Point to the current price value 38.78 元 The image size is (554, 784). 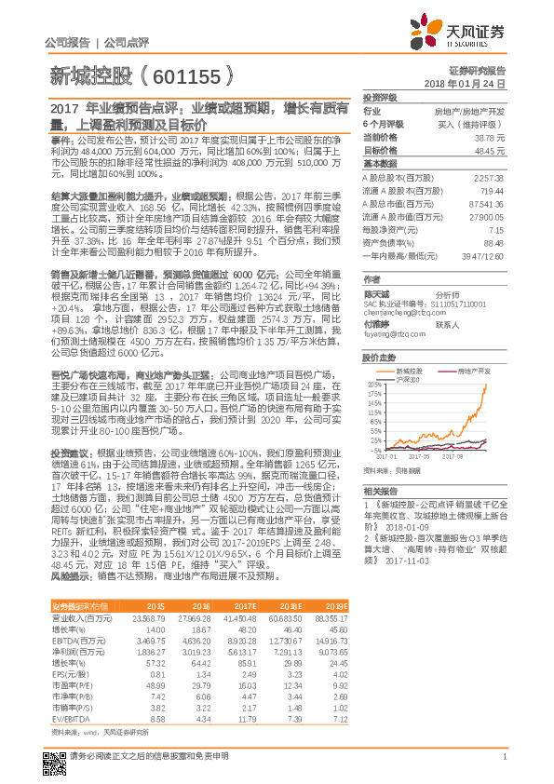click(489, 136)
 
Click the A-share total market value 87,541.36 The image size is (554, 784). click(487, 202)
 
